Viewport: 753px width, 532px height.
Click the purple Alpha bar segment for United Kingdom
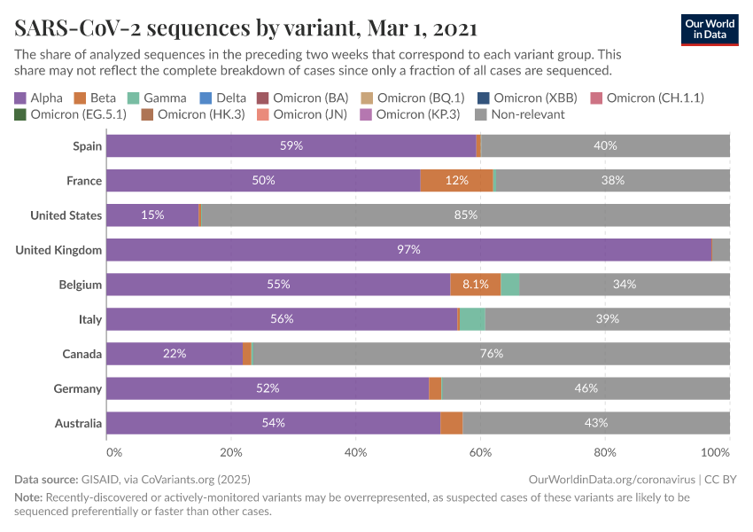408,250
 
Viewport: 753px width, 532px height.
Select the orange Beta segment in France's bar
456,181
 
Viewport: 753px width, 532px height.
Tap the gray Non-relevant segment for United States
465,215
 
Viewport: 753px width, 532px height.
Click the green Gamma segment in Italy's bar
472,319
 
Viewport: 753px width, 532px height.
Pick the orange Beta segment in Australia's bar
452,423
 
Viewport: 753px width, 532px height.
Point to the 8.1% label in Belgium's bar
476,285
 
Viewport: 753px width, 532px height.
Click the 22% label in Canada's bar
175,354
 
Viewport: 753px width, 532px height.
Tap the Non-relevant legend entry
520,114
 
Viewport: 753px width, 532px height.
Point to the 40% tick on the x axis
355,452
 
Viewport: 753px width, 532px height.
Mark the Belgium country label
81,285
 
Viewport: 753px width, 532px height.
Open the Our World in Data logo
710,28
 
